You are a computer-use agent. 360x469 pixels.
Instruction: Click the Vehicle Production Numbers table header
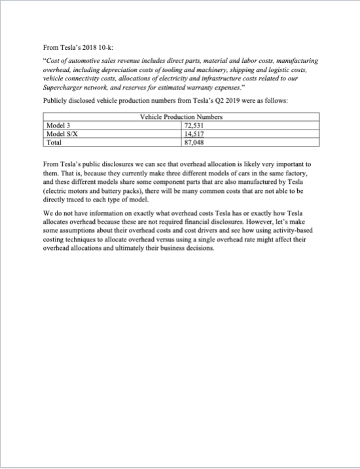pyautogui.click(x=181, y=116)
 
